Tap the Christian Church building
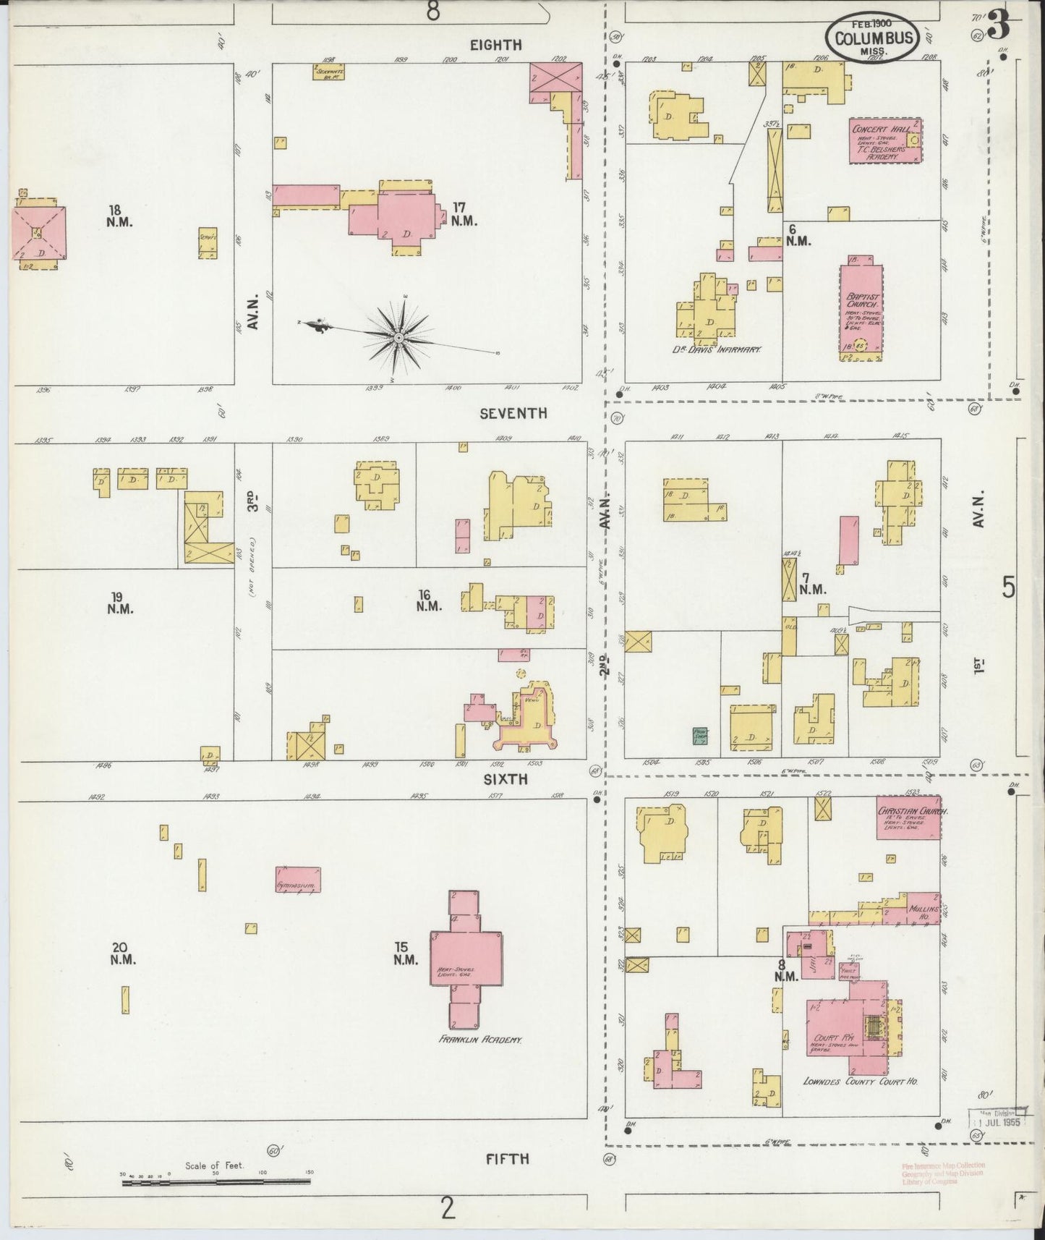pos(908,818)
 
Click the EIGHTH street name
pos(495,45)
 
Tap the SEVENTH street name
pos(513,413)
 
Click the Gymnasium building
pos(297,880)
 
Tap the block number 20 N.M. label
pos(120,953)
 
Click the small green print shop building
pos(700,735)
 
